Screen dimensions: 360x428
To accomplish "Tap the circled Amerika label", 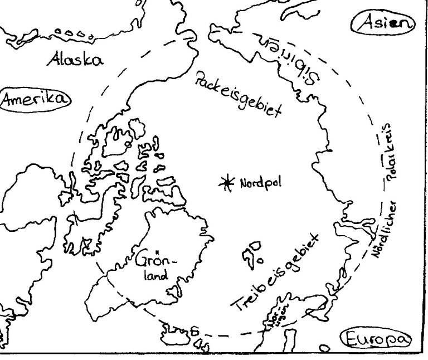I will tap(35, 99).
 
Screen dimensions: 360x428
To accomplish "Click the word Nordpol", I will tap(256, 182).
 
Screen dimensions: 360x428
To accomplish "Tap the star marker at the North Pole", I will tap(227, 182).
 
